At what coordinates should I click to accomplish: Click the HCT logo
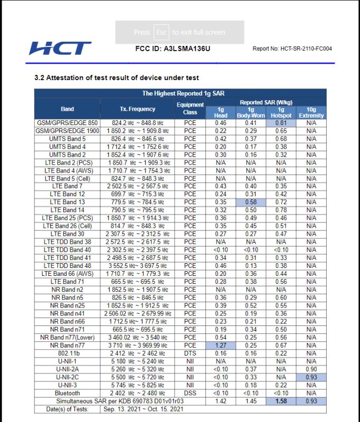pyautogui.click(x=60, y=49)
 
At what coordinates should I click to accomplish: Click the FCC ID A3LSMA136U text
pyautogui.click(x=173, y=49)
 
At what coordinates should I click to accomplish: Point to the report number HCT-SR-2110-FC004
pyautogui.click(x=292, y=49)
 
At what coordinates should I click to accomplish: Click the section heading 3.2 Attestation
pyautogui.click(x=117, y=78)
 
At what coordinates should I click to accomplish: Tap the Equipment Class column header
pyautogui.click(x=190, y=109)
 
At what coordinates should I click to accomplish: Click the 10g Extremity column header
pyautogui.click(x=311, y=112)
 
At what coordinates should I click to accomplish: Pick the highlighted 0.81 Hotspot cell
pyautogui.click(x=281, y=122)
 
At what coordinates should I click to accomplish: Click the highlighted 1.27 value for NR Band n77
pyautogui.click(x=221, y=346)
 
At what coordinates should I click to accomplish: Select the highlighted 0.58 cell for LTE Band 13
pyautogui.click(x=251, y=202)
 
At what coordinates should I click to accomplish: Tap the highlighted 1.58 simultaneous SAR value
pyautogui.click(x=281, y=401)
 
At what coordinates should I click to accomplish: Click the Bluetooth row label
pyautogui.click(x=68, y=393)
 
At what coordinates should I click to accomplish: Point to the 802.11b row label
pyautogui.click(x=68, y=353)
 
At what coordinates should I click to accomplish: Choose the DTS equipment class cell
pyautogui.click(x=190, y=353)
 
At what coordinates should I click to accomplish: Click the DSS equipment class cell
pyautogui.click(x=190, y=393)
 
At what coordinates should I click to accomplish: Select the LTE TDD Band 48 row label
pyautogui.click(x=68, y=265)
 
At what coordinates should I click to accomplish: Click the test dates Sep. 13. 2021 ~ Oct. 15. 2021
pyautogui.click(x=144, y=409)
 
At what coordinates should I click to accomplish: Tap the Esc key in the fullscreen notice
pyautogui.click(x=162, y=32)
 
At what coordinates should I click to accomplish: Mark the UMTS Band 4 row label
pyautogui.click(x=68, y=146)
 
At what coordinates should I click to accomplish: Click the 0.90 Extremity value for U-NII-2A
pyautogui.click(x=311, y=369)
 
